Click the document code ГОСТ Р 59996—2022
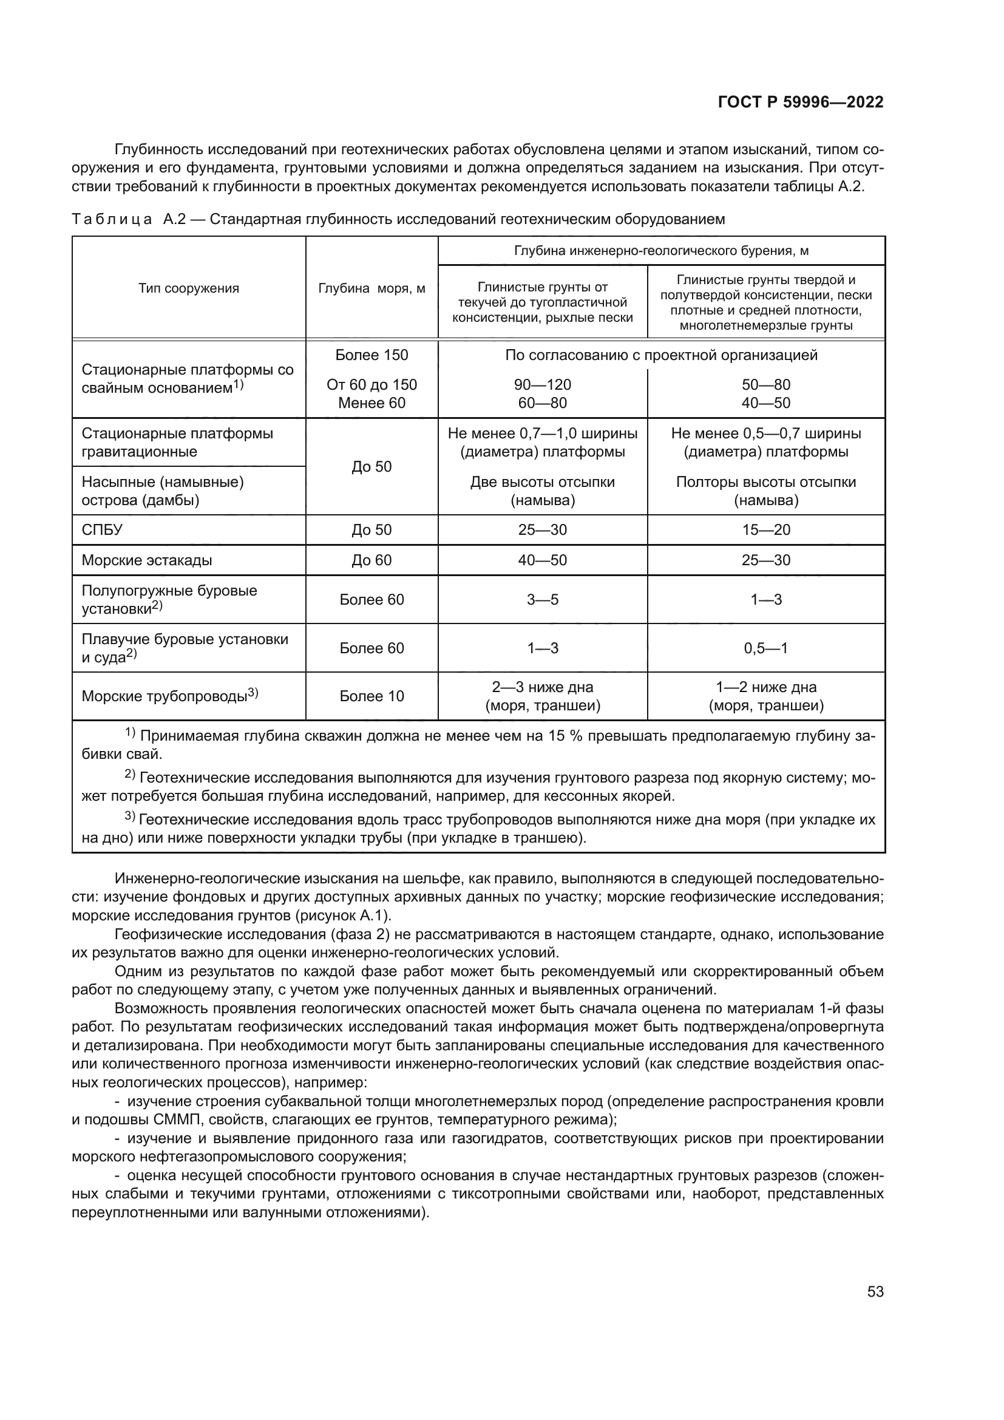tap(801, 102)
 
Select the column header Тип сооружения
tap(189, 288)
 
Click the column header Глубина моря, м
tap(371, 288)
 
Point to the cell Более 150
tap(371, 355)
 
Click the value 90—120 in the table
tap(542, 385)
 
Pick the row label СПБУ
tap(103, 530)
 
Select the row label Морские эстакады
tap(147, 560)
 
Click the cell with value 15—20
tap(766, 530)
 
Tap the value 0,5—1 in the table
tap(766, 648)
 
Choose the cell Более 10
tap(371, 696)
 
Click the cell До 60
tap(371, 560)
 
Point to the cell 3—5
tap(542, 599)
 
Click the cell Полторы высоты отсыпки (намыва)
tap(766, 491)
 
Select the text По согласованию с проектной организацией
tap(661, 355)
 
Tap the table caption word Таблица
tap(112, 219)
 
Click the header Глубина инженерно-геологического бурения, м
tap(661, 251)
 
